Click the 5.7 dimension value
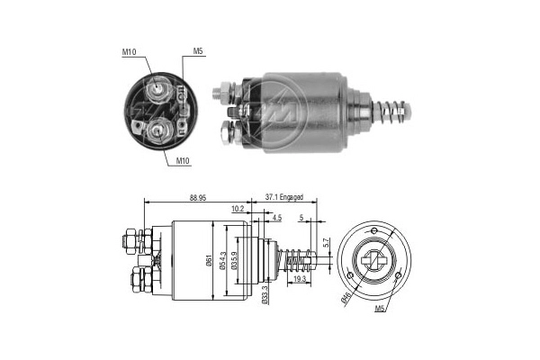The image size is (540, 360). tap(327, 242)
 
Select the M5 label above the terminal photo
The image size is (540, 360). tap(198, 51)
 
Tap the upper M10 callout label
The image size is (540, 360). tap(129, 51)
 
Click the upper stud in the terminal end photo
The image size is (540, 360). tap(159, 87)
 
